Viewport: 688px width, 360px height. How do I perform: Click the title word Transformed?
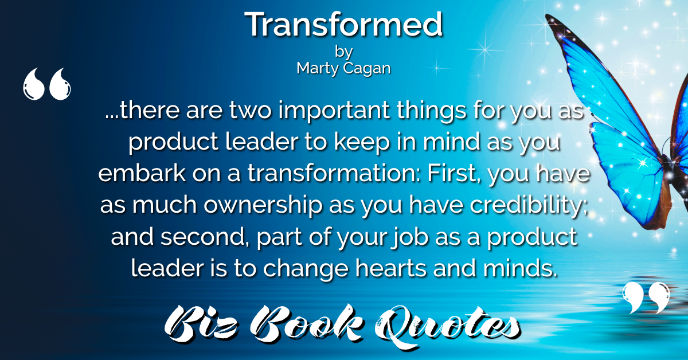click(x=343, y=24)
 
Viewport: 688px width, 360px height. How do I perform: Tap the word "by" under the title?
click(x=343, y=52)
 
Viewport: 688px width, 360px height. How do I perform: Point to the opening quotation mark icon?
click(x=46, y=84)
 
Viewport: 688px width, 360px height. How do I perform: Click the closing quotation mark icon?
click(x=646, y=298)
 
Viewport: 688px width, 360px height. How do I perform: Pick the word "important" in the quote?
click(x=334, y=111)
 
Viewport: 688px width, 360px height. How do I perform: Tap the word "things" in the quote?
click(x=432, y=111)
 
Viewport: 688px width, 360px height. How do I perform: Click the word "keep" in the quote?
click(x=362, y=143)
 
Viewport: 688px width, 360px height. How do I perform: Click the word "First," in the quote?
click(x=454, y=174)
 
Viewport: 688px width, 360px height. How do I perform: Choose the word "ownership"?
click(x=263, y=205)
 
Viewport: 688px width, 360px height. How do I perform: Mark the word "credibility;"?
click(x=529, y=205)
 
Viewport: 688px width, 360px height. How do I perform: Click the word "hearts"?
click(x=391, y=268)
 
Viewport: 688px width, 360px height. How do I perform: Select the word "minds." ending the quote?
click(x=520, y=268)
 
